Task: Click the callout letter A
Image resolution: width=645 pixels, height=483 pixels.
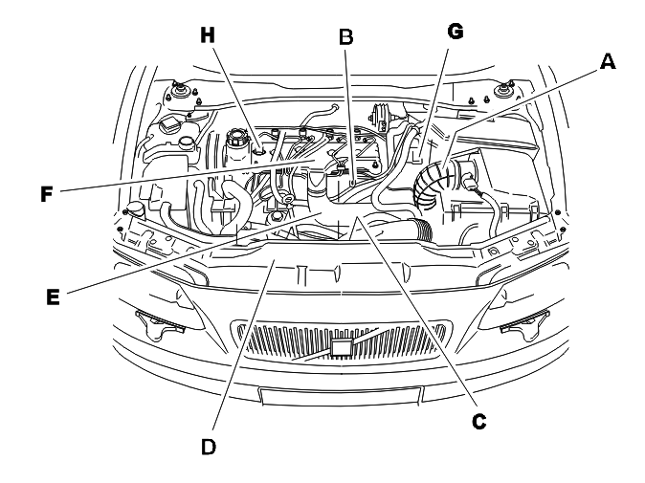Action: [x=608, y=61]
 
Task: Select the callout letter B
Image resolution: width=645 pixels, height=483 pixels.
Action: [x=346, y=37]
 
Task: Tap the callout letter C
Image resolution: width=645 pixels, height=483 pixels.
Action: [x=478, y=422]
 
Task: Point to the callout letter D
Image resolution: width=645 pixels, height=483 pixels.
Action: [x=209, y=447]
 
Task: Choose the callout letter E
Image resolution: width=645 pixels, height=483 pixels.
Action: [x=53, y=296]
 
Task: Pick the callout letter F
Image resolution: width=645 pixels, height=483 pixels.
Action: [x=47, y=194]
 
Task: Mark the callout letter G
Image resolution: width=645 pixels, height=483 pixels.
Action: [x=455, y=32]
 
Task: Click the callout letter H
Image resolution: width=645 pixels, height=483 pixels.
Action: [x=208, y=35]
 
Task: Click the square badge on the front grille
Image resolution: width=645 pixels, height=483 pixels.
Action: [x=341, y=347]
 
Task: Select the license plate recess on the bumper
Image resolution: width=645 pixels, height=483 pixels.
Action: [x=341, y=395]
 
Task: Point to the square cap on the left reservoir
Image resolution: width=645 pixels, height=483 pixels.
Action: [x=168, y=123]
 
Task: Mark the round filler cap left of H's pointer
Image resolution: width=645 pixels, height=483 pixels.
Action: [x=235, y=137]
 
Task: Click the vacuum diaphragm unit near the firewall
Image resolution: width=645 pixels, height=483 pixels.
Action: [x=380, y=117]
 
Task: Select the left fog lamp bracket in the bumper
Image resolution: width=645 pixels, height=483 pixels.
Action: [x=161, y=325]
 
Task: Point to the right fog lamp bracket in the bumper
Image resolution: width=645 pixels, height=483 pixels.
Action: [x=523, y=325]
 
